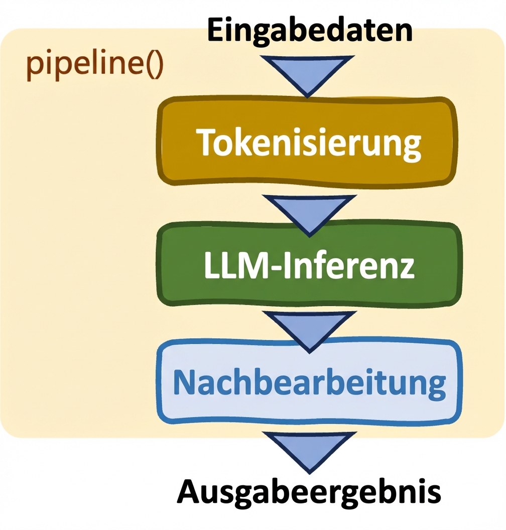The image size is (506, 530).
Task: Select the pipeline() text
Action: [x=94, y=65]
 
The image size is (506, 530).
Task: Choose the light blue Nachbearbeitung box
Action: [x=308, y=383]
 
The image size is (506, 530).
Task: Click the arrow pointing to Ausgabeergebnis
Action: [x=308, y=451]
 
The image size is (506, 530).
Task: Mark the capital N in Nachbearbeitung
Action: [x=184, y=382]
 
